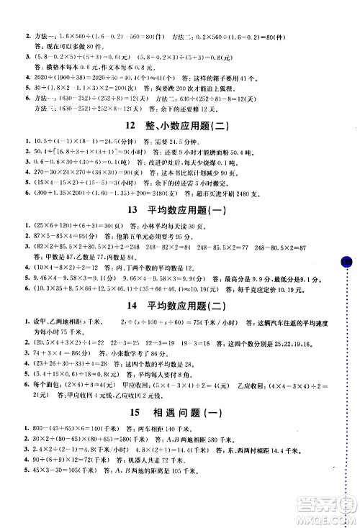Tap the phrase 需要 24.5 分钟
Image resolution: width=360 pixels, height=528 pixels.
pos(151,123)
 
